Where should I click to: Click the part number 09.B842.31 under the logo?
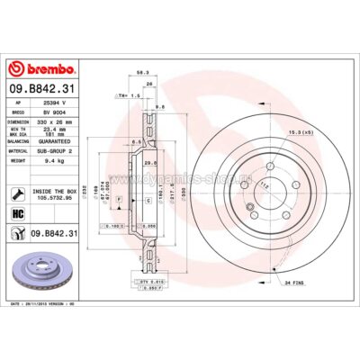coord(43,87)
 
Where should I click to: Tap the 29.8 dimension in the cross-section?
coord(149,163)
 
